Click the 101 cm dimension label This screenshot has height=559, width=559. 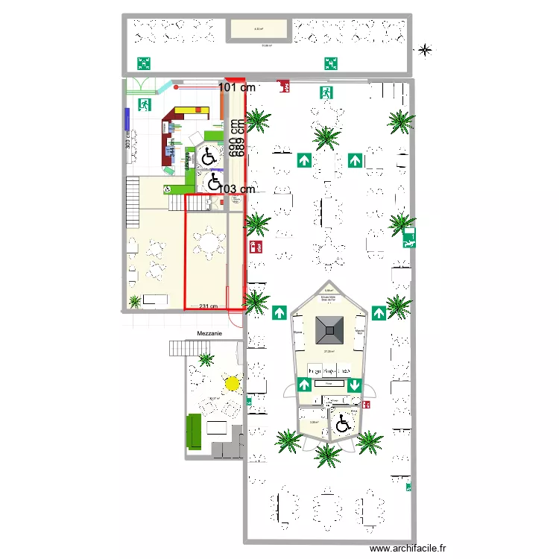tap(237, 88)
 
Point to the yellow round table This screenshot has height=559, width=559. tap(232, 384)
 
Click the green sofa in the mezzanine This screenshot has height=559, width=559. tap(194, 432)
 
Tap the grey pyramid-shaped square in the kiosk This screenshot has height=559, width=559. tap(328, 326)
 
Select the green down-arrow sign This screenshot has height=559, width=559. tap(353, 385)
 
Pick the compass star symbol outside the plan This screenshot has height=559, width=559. tap(424, 51)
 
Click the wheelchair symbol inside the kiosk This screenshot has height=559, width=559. tap(343, 423)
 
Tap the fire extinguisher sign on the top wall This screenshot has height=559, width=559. tap(283, 86)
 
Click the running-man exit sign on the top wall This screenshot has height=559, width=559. tap(326, 93)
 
